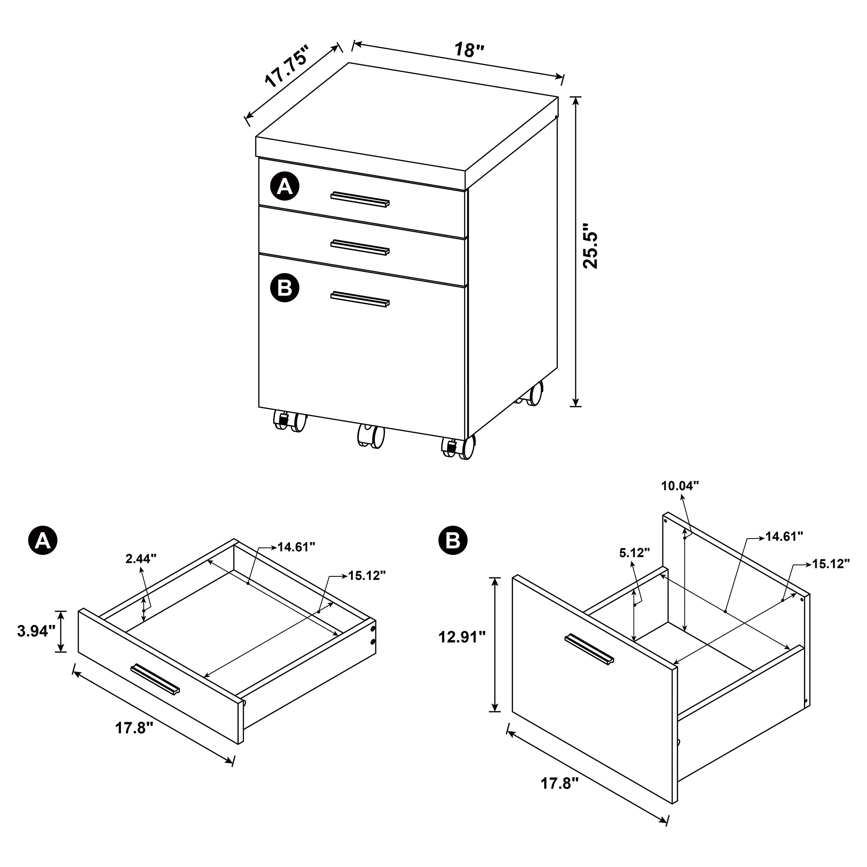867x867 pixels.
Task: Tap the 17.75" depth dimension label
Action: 287,66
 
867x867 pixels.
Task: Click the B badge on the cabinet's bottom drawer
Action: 284,287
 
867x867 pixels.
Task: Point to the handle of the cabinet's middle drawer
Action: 360,247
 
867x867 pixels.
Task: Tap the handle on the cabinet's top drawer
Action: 360,199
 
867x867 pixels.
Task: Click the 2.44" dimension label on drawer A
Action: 141,558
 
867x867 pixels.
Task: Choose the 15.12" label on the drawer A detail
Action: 367,575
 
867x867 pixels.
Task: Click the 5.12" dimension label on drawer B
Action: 635,553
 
